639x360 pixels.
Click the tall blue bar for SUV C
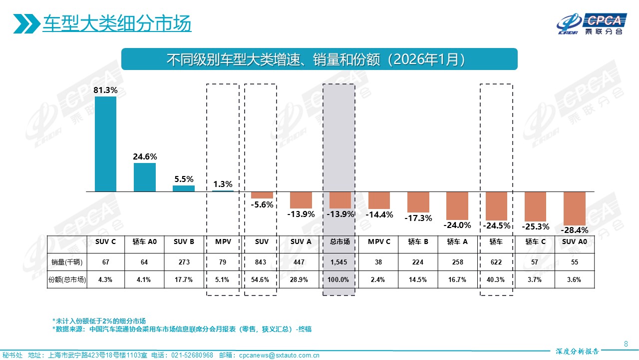click(x=105, y=144)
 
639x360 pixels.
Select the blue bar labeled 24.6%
click(x=145, y=177)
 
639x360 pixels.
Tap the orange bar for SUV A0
click(x=574, y=208)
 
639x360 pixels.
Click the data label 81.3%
click(x=105, y=90)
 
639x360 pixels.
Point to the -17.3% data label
click(x=419, y=218)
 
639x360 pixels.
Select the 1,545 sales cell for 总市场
click(x=339, y=262)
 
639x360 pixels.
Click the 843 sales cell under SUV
click(x=262, y=262)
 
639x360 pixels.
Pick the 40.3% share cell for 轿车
click(x=496, y=280)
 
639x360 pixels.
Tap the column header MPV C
click(x=380, y=241)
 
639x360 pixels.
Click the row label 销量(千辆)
click(x=67, y=262)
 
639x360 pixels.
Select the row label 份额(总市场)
click(x=67, y=280)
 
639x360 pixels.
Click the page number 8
click(x=626, y=343)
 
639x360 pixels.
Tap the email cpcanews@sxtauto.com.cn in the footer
click(x=279, y=355)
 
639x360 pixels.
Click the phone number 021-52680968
click(x=192, y=355)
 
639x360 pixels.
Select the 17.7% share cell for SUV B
click(x=184, y=280)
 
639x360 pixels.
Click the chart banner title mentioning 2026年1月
click(x=319, y=59)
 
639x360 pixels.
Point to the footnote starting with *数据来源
click(x=182, y=329)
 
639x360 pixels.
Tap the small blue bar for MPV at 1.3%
click(x=223, y=190)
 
